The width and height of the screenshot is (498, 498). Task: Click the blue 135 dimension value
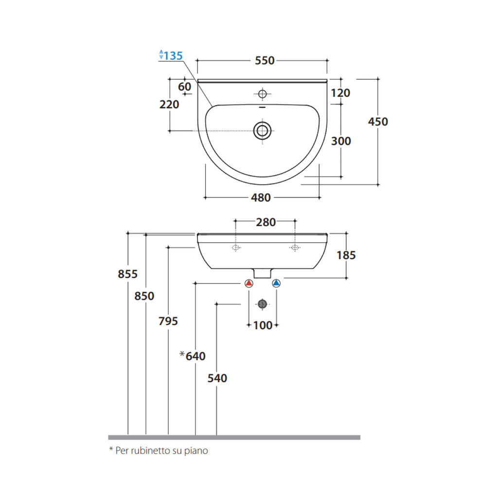[173, 55]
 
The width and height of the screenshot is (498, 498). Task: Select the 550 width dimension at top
[265, 61]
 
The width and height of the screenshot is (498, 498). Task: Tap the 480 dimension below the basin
[261, 198]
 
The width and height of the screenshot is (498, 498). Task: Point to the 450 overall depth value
[378, 122]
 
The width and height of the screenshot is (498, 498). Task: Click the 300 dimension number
[341, 141]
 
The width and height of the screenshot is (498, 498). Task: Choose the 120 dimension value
[340, 93]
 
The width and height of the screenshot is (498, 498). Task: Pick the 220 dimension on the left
[169, 104]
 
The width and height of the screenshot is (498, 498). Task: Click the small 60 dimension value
[185, 87]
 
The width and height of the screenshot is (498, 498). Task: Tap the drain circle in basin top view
[262, 130]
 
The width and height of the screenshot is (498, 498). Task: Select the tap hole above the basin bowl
[263, 93]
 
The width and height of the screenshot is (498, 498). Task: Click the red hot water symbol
[249, 283]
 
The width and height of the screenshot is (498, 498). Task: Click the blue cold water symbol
[277, 283]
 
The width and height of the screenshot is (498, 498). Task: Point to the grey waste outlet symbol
[262, 304]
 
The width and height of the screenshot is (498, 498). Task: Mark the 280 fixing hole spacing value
[266, 222]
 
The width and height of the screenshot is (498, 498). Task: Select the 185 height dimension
[346, 255]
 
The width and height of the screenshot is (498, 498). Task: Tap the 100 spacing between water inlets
[263, 325]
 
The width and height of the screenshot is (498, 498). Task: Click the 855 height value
[128, 274]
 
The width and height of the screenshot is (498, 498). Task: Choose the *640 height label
[193, 356]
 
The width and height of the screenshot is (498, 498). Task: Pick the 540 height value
[217, 378]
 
